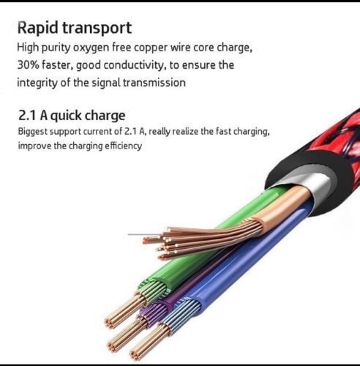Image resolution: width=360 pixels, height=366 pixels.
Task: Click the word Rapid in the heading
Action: [38, 27]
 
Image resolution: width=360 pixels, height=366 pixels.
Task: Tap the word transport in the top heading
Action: [97, 29]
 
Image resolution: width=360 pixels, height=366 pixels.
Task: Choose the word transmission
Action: [154, 83]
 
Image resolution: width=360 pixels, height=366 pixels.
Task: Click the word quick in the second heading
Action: [65, 116]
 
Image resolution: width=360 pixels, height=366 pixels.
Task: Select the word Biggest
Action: [33, 132]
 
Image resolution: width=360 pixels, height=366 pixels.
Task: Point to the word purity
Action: [56, 48]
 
